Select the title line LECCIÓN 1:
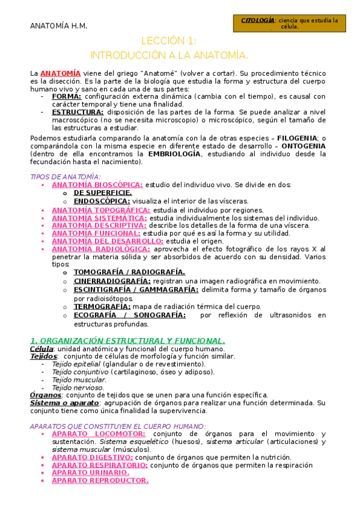169,41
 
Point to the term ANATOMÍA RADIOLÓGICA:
101,249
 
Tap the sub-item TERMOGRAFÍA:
102,306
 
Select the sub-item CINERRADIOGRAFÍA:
112,281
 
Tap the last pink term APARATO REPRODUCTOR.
100,481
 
